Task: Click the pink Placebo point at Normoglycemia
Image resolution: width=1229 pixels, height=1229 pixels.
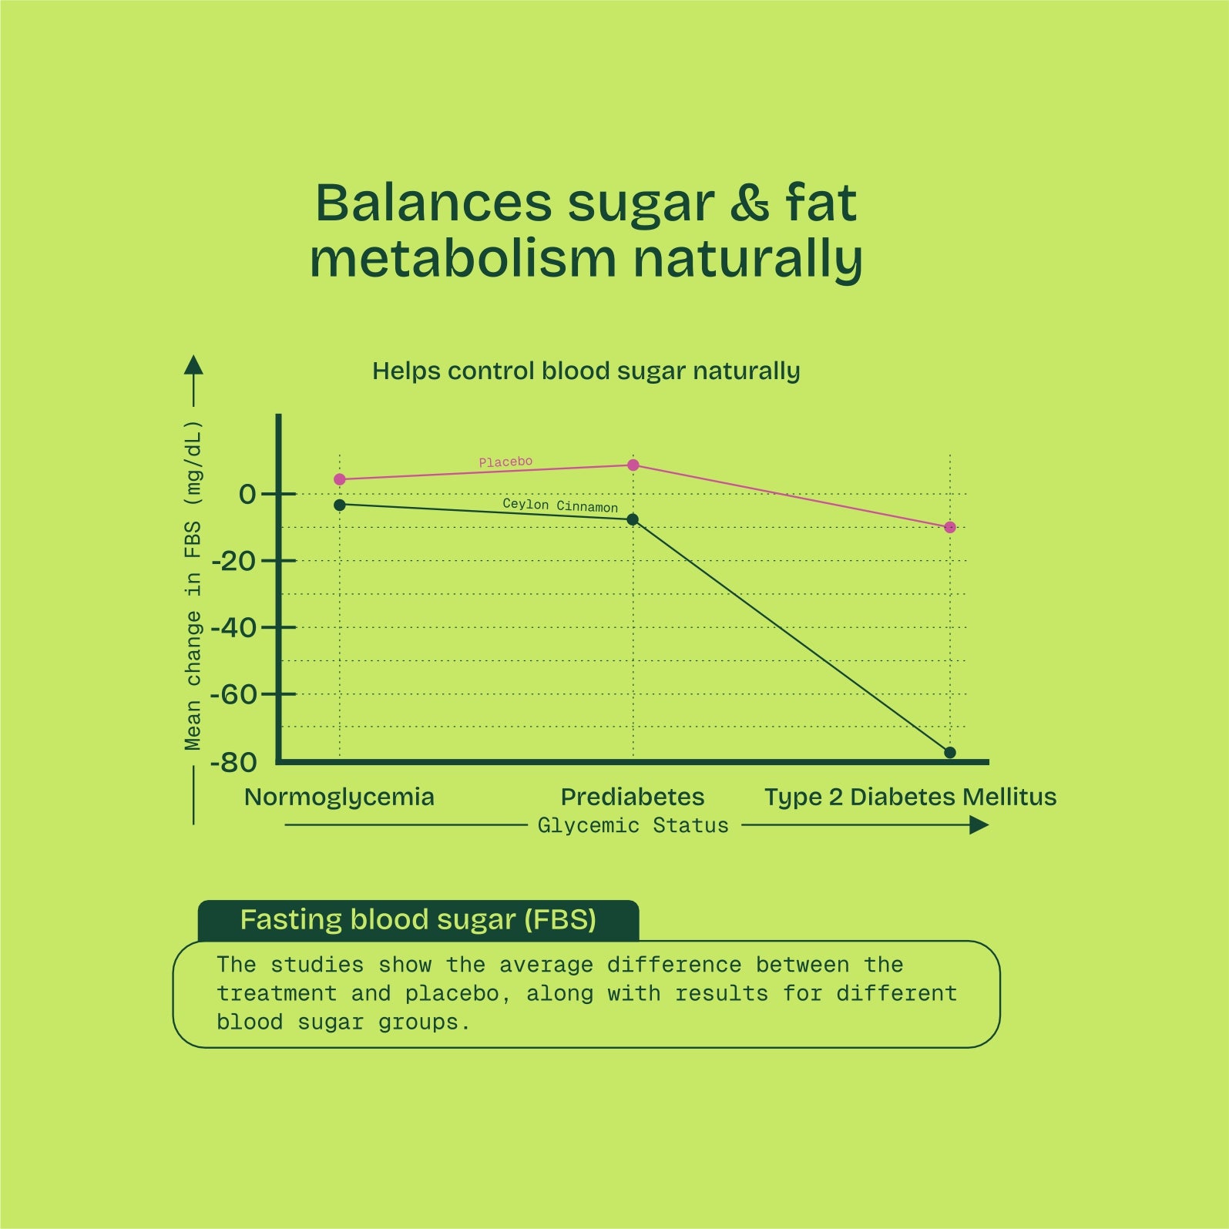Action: pos(340,479)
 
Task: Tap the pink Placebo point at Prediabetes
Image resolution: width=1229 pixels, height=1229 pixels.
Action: pos(633,465)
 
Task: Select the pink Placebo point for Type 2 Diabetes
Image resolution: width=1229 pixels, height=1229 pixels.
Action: pos(950,528)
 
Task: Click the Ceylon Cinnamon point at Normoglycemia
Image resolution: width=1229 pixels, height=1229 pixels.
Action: pos(340,505)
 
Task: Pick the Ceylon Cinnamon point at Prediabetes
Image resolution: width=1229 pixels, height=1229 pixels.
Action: pos(633,519)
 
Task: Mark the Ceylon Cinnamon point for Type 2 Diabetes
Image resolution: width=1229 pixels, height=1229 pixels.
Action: pos(950,753)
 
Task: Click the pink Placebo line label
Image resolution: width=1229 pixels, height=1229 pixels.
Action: pos(505,462)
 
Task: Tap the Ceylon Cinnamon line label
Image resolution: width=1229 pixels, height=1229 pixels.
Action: pos(560,505)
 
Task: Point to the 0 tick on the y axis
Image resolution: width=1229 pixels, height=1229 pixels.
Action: pos(247,495)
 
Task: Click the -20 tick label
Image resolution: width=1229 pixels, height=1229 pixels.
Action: pos(233,562)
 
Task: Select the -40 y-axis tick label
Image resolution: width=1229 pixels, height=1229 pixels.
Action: pos(233,628)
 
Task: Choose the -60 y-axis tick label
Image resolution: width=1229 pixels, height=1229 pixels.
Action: pos(233,695)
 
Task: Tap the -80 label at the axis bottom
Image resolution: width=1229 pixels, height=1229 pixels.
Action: pos(233,763)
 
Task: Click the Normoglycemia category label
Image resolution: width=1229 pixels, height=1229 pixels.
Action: pos(339,797)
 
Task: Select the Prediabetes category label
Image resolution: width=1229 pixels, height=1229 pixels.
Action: pos(633,797)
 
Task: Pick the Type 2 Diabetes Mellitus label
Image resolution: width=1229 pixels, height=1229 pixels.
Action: pos(910,797)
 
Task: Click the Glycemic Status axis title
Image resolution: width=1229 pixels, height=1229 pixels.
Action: pos(633,826)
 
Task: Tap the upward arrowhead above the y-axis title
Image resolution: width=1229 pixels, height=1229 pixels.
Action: pos(193,365)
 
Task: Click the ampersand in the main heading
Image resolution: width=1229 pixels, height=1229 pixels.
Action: pos(750,203)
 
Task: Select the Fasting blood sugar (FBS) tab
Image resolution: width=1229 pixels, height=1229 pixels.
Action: pos(418,920)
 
